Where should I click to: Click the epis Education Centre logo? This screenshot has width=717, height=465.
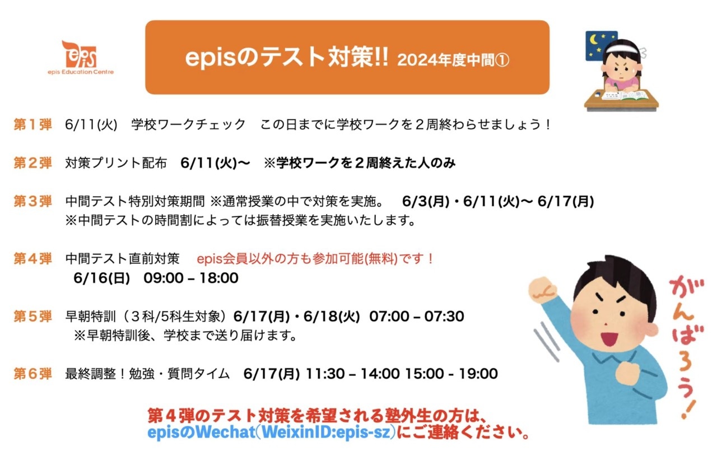[x=81, y=58]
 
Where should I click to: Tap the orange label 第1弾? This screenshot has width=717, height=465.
[x=32, y=124]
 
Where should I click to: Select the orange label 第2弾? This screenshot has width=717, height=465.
[x=32, y=163]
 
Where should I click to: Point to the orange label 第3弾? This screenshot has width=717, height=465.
[x=32, y=202]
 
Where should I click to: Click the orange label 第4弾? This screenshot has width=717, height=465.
[x=32, y=259]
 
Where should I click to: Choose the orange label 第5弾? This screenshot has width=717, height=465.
[x=32, y=317]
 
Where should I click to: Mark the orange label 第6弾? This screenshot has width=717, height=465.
[x=32, y=374]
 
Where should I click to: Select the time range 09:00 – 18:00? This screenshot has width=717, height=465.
[x=191, y=278]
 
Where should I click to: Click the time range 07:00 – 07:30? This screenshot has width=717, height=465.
[x=416, y=317]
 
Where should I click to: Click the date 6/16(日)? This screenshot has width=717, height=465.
[x=101, y=278]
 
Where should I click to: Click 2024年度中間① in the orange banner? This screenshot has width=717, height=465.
[x=453, y=60]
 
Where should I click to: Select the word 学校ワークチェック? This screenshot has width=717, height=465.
[x=188, y=124]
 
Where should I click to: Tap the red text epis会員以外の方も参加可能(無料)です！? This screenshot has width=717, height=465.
[x=315, y=259]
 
